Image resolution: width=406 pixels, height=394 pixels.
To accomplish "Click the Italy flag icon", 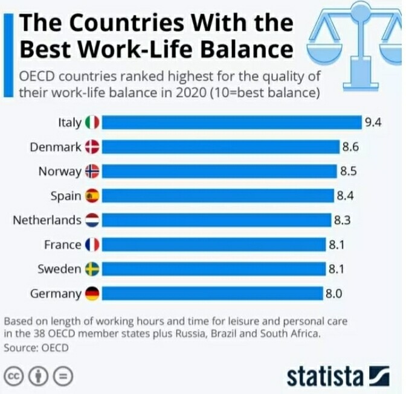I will click(x=92, y=122).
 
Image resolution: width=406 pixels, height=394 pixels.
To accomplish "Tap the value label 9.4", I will click(x=373, y=122).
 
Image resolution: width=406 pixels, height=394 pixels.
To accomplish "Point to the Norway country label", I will click(x=60, y=171).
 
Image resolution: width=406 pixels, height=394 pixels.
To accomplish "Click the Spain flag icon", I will click(x=92, y=195).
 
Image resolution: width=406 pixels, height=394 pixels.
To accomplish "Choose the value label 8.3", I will click(x=343, y=220).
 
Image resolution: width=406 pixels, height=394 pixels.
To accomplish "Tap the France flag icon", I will click(x=92, y=245).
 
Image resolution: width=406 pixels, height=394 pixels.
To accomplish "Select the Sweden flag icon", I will click(x=92, y=269).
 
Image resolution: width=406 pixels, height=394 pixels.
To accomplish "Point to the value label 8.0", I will click(x=334, y=294).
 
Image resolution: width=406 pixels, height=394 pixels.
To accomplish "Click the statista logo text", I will click(x=326, y=376).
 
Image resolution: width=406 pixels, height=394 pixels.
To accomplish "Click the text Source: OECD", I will click(x=36, y=348).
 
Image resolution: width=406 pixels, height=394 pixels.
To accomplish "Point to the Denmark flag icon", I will click(x=92, y=147).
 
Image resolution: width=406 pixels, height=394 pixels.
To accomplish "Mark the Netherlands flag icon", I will click(x=92, y=220).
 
